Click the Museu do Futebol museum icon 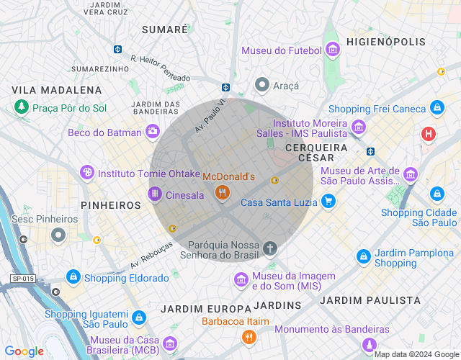pos(333,50)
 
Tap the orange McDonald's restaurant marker pos(222,192)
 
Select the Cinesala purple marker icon pos(154,194)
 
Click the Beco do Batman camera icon pos(152,131)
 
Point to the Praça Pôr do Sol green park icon pos(22,107)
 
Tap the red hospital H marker pos(429,134)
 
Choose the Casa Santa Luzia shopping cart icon pos(328,202)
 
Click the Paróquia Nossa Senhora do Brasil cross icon pos(270,249)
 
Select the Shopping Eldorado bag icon pos(73,277)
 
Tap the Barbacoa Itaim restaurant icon pos(249,336)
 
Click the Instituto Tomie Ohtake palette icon pos(86,173)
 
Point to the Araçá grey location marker pos(263,86)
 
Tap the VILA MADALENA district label pos(57,90)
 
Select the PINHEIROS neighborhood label pos(110,205)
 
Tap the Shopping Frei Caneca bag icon pos(437,108)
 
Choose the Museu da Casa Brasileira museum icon pos(170,343)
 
